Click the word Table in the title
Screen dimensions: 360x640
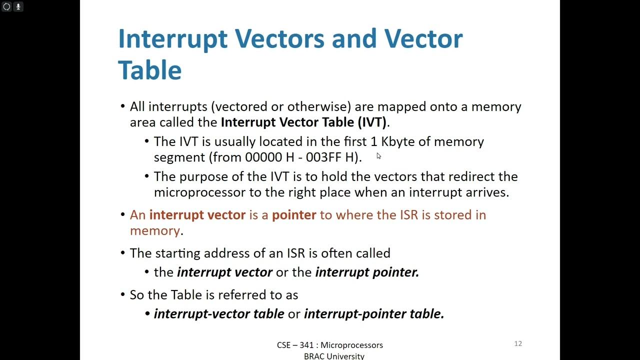click(149, 69)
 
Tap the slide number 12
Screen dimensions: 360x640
click(518, 343)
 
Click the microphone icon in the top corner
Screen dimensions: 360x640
click(18, 6)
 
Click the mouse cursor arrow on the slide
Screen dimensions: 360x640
click(378, 156)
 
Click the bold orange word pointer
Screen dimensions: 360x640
click(294, 215)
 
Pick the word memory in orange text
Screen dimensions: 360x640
click(154, 230)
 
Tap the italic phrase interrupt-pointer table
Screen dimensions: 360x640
click(374, 314)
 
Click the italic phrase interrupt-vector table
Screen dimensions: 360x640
click(219, 314)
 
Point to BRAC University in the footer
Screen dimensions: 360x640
click(334, 356)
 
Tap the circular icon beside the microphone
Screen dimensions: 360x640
click(6, 6)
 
